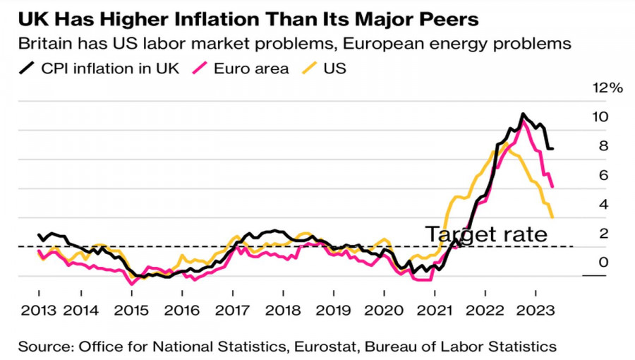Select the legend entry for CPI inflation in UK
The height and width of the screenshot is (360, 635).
pos(99,68)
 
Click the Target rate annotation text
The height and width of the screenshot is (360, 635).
pos(486,234)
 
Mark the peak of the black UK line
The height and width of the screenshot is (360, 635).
pos(523,114)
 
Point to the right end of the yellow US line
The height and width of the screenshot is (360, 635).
pos(552,217)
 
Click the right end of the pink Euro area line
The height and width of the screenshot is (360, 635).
pos(552,186)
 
